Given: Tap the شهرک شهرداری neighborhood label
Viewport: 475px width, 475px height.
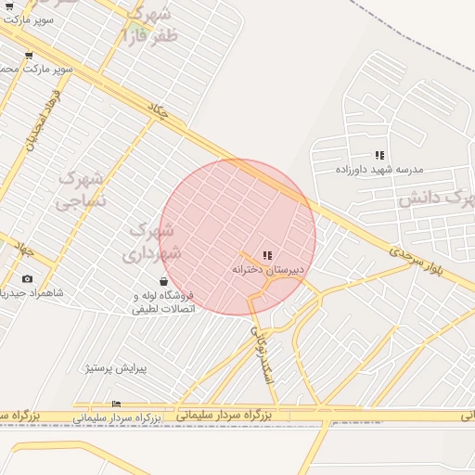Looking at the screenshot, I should (x=149, y=239).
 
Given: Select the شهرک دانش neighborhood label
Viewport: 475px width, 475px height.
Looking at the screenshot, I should (x=435, y=198).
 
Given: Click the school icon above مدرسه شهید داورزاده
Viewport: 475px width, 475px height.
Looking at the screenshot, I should (x=379, y=155).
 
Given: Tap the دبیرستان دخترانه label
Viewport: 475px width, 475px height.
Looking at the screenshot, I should (x=268, y=269).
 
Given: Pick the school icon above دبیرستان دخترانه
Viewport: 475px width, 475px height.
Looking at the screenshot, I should (x=267, y=255).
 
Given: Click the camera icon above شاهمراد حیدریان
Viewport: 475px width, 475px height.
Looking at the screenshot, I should (x=26, y=278).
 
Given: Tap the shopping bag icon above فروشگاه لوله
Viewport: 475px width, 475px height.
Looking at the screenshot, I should (x=163, y=281).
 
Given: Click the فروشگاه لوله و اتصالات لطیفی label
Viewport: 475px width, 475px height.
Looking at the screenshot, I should (x=163, y=302).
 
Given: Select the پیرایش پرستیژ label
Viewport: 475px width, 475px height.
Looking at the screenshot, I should (x=117, y=368).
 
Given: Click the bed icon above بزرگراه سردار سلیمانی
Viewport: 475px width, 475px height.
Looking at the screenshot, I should (x=116, y=404).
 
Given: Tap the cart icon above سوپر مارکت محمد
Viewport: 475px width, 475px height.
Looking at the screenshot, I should (x=29, y=55).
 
